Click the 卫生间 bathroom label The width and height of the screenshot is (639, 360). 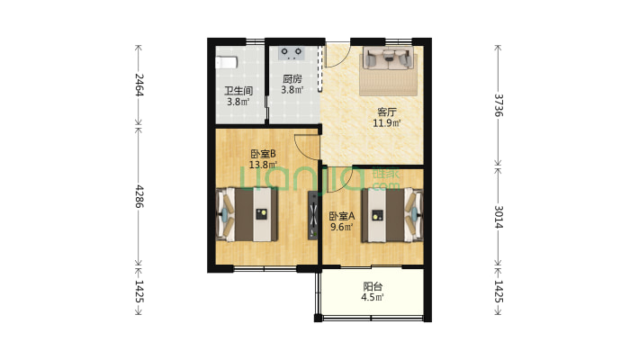(x=238, y=90)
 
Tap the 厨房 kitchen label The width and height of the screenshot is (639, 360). (x=292, y=78)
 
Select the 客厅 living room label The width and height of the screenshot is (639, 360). (x=387, y=112)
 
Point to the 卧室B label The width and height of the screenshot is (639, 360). (x=263, y=154)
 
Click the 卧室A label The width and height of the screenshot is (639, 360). (x=342, y=216)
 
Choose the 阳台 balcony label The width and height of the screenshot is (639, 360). (x=373, y=286)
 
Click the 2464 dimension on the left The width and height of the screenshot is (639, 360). (x=139, y=85)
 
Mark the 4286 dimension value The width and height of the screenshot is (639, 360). (x=139, y=196)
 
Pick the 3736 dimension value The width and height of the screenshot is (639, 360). (x=499, y=105)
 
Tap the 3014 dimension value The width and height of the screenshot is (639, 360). (x=499, y=217)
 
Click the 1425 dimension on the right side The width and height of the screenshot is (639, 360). (x=499, y=292)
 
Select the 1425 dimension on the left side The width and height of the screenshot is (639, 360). (x=139, y=292)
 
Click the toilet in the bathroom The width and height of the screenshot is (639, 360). (x=226, y=63)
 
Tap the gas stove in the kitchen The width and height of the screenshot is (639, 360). (x=292, y=53)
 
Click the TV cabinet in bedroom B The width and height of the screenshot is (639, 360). (x=313, y=215)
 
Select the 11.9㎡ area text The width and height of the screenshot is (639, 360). (x=387, y=122)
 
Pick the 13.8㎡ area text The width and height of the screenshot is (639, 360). (x=263, y=165)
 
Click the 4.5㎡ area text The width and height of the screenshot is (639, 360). (x=373, y=297)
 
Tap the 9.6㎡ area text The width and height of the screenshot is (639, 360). (x=342, y=227)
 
